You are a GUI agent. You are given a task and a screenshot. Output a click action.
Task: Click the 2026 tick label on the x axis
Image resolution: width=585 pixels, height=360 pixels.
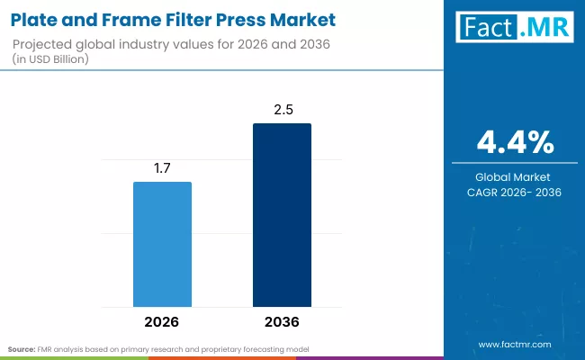162,321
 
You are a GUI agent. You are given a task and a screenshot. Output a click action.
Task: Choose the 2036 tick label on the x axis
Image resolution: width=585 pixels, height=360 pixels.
282,321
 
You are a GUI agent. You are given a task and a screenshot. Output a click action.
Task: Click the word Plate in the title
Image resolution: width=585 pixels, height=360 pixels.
34,19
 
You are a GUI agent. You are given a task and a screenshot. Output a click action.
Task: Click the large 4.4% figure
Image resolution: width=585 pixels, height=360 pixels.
515,141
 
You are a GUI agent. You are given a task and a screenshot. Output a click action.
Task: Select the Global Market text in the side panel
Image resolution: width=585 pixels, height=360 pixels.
515,177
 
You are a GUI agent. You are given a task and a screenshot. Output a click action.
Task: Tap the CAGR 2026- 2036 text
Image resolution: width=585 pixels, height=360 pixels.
515,193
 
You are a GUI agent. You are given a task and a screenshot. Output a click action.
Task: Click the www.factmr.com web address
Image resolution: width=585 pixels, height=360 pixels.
515,344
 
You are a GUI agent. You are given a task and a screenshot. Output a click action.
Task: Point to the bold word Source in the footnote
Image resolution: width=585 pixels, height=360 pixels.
22,347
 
